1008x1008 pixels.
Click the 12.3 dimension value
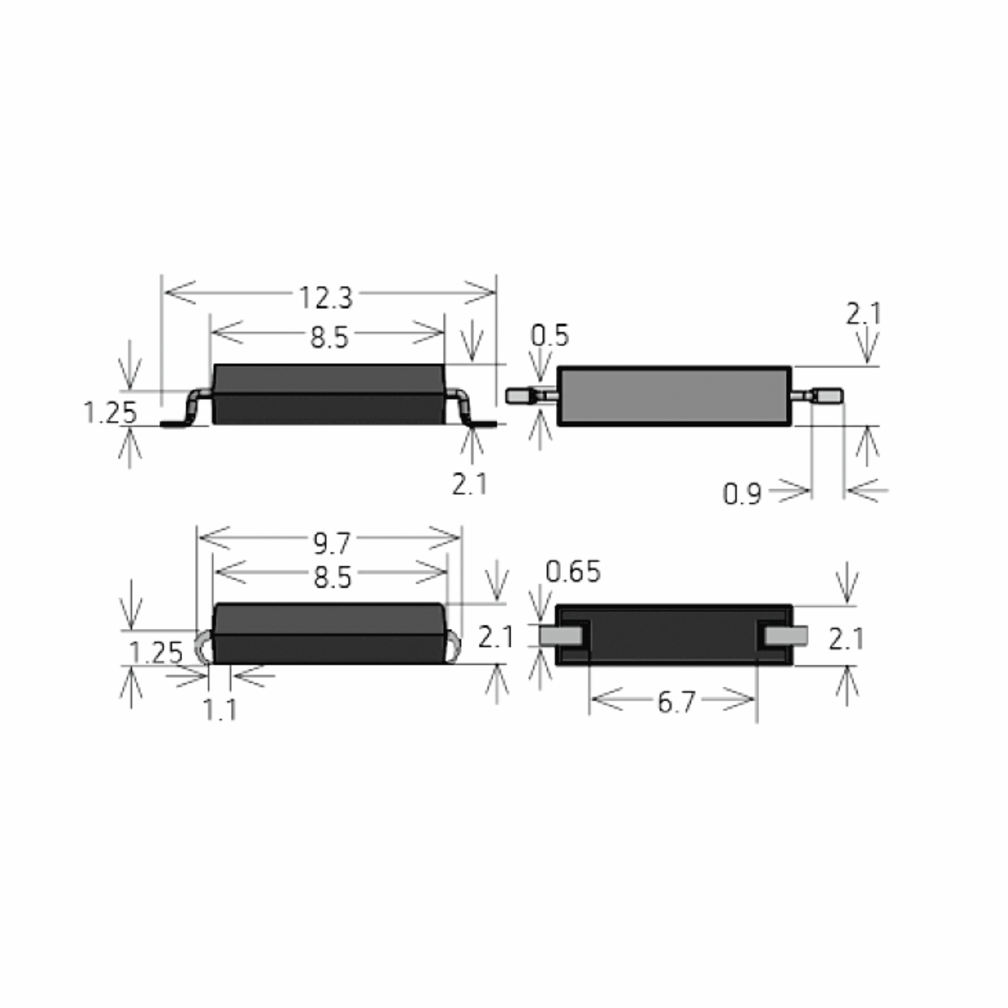(326, 297)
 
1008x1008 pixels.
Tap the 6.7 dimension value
(676, 702)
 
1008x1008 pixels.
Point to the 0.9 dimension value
(742, 494)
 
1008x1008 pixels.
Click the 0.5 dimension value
(550, 336)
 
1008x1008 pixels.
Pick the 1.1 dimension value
(220, 709)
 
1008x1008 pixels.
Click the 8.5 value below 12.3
(329, 338)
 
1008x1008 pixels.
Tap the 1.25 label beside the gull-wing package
(110, 413)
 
